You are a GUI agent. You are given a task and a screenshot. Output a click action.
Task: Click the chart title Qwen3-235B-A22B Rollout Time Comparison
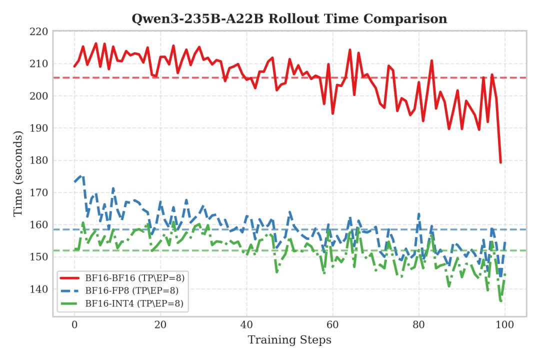click(x=289, y=19)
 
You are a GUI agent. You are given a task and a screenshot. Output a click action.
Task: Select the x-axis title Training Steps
click(x=289, y=340)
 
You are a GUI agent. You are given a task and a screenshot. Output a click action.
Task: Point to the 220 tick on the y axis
click(x=39, y=31)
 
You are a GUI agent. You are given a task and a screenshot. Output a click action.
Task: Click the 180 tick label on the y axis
click(x=39, y=160)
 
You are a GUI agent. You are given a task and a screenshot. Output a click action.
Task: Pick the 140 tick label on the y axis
click(x=39, y=289)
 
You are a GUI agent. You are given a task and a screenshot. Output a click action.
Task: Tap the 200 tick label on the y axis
click(x=39, y=96)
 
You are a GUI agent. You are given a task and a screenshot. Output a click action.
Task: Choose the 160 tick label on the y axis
click(x=39, y=225)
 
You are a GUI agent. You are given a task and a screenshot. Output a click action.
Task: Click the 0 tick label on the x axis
click(x=74, y=325)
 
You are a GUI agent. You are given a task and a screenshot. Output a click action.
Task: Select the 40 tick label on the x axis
click(x=246, y=325)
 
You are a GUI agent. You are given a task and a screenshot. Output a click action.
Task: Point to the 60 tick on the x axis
click(x=332, y=325)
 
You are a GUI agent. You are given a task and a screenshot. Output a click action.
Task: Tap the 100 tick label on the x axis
click(x=504, y=325)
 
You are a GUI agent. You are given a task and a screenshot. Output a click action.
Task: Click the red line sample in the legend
click(x=70, y=278)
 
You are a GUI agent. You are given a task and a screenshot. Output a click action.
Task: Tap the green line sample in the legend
click(x=70, y=302)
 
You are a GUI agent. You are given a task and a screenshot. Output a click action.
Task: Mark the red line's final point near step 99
click(x=500, y=162)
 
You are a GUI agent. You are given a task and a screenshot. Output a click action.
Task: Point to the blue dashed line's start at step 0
click(x=74, y=181)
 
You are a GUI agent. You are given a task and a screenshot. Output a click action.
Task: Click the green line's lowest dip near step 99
click(x=500, y=301)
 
